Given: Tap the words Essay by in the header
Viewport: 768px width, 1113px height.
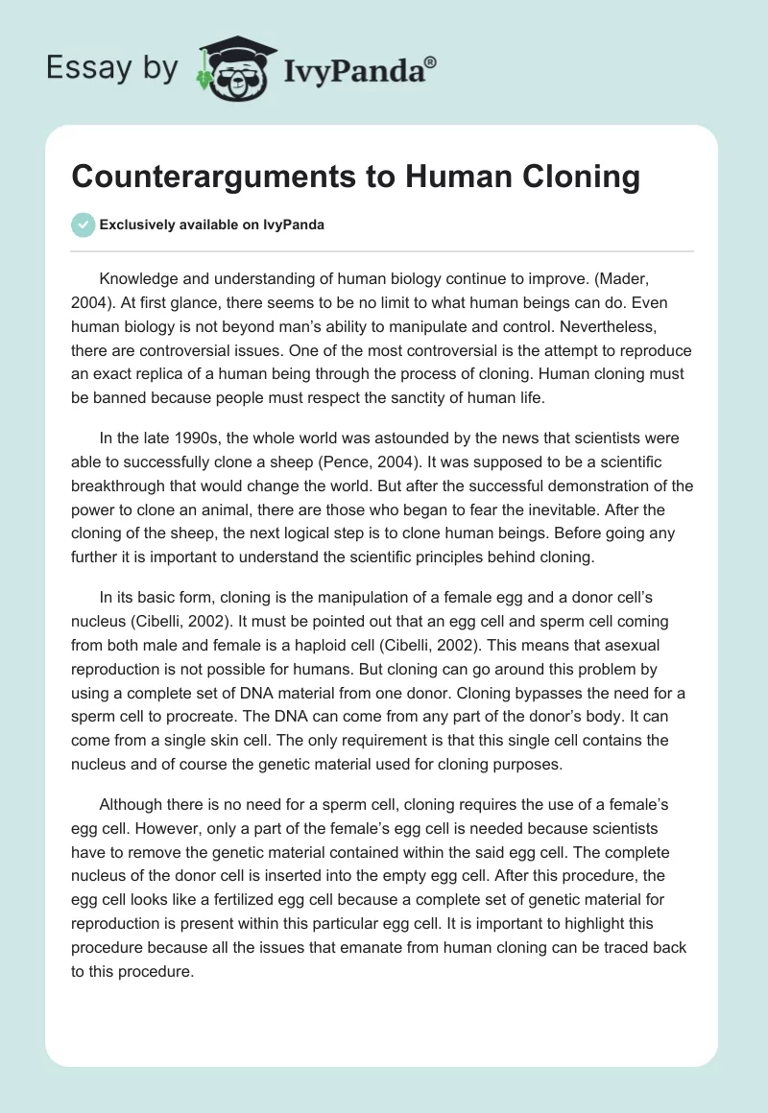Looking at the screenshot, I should pos(112,68).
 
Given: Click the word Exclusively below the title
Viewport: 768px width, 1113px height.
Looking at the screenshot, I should pos(134,225).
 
